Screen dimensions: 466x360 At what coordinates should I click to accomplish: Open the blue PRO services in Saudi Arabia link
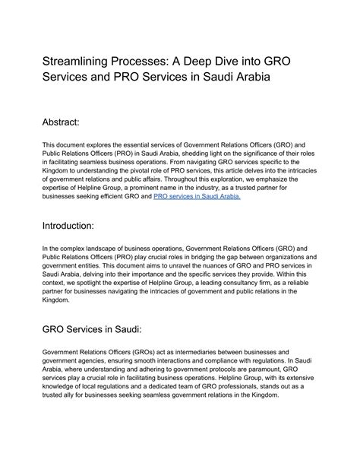(197, 196)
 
